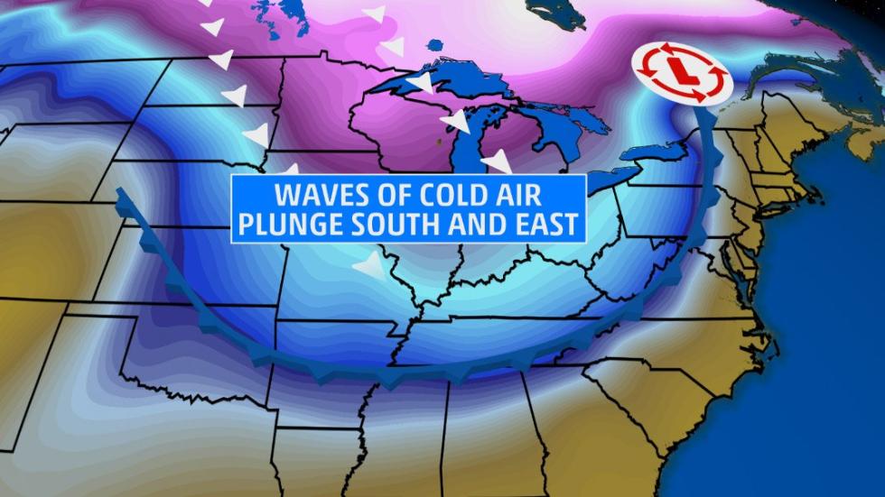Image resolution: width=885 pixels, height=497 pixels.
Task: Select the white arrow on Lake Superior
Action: pyautogui.click(x=419, y=83)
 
